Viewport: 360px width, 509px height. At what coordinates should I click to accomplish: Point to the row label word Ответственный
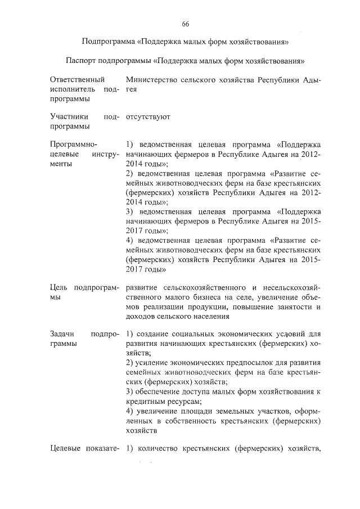point(70,80)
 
